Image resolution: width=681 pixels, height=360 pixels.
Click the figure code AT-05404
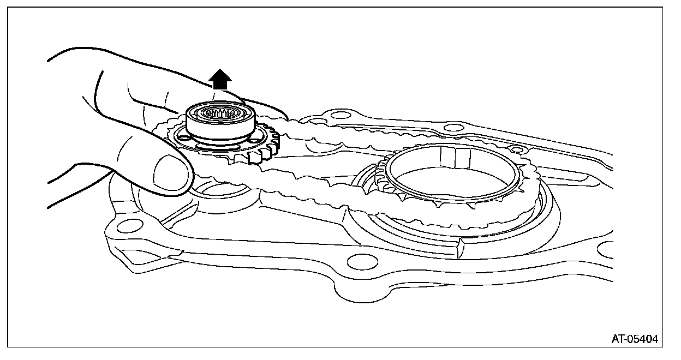coord(635,339)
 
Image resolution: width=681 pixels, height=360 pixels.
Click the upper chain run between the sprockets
coord(327,136)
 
